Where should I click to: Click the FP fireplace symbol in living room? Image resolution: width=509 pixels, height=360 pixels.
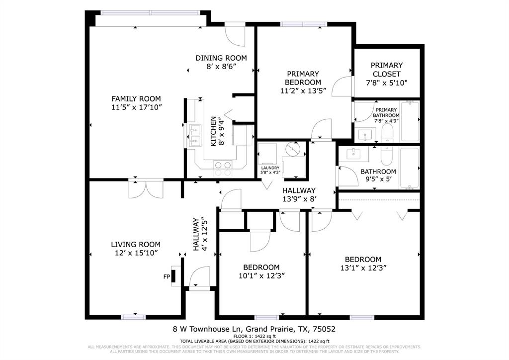pyautogui.click(x=173, y=277)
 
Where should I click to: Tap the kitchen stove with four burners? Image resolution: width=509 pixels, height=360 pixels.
pyautogui.click(x=223, y=169)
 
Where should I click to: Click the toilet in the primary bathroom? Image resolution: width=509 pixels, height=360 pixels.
pyautogui.click(x=387, y=133)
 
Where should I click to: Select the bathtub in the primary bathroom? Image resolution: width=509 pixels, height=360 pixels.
pyautogui.click(x=411, y=121)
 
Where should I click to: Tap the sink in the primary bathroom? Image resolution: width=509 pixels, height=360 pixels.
pyautogui.click(x=366, y=134)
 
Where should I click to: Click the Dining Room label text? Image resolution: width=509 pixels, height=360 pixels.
pyautogui.click(x=221, y=58)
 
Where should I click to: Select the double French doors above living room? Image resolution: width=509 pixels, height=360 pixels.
pyautogui.click(x=145, y=189)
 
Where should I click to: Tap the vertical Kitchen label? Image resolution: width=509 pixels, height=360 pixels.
pyautogui.click(x=213, y=131)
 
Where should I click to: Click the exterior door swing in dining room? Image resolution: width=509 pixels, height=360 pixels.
pyautogui.click(x=235, y=34)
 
